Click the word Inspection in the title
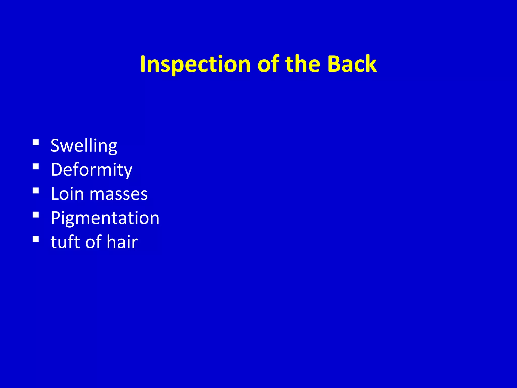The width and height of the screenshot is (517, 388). click(195, 64)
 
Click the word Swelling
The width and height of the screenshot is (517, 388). click(84, 146)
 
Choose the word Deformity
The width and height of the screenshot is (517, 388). click(91, 170)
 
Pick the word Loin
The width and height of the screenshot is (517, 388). click(67, 194)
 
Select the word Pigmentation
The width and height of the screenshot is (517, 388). click(105, 218)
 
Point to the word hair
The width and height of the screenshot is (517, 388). click(122, 242)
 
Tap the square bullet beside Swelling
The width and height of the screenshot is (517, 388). click(36, 142)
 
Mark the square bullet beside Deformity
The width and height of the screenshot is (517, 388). click(36, 166)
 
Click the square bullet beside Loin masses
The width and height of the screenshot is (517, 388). click(36, 190)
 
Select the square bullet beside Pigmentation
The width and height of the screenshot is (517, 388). click(36, 214)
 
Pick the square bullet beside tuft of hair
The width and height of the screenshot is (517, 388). click(36, 239)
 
